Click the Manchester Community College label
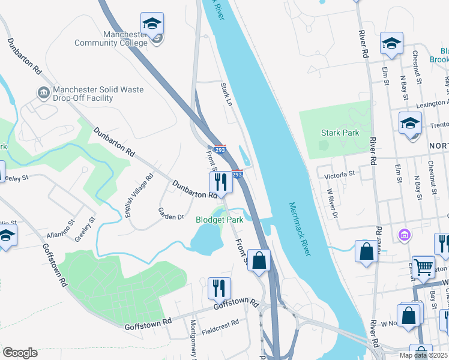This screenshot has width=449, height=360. tap(110, 39)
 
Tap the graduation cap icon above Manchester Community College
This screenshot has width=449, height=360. tap(152, 25)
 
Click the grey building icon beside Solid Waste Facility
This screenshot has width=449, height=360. tap(43, 93)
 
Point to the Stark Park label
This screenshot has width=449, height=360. tap(339, 133)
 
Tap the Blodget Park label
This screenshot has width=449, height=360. tap(220, 220)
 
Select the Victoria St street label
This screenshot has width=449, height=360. tap(340, 175)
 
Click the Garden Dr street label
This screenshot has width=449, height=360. tap(170, 213)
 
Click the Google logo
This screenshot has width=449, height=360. tap(20, 353)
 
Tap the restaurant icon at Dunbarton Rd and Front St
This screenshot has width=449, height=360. tap(221, 182)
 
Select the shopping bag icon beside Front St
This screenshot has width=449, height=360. tap(259, 260)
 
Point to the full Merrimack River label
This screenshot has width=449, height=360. tap(300, 229)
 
